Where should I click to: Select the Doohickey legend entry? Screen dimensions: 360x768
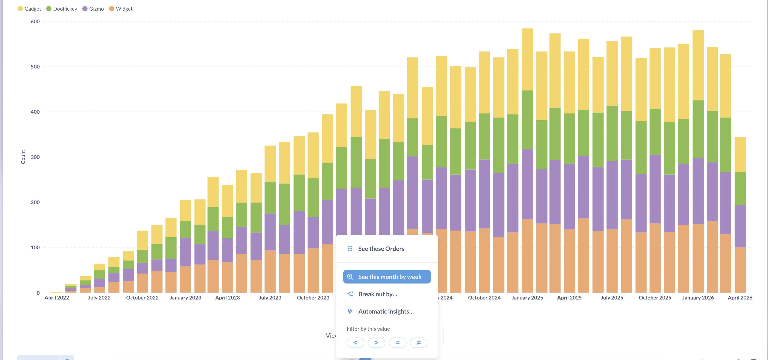62,9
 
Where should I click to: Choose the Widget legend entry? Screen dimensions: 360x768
121,9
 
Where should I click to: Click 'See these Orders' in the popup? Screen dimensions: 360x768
381,248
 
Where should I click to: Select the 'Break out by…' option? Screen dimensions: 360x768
378,294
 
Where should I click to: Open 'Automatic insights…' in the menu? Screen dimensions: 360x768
386,311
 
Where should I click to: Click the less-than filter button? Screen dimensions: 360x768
355,343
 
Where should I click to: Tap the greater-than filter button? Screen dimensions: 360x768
376,343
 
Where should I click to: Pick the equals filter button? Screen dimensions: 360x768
397,343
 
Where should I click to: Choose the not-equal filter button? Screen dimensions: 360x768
418,343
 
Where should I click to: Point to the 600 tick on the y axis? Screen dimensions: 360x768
35,21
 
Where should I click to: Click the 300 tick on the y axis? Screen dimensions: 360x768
35,157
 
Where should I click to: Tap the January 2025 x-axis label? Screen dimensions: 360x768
527,297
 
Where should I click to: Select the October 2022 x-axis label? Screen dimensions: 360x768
142,297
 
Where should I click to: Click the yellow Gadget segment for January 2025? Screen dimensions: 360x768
527,60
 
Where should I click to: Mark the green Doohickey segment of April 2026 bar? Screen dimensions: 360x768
740,189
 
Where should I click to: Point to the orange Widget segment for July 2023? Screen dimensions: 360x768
270,271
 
